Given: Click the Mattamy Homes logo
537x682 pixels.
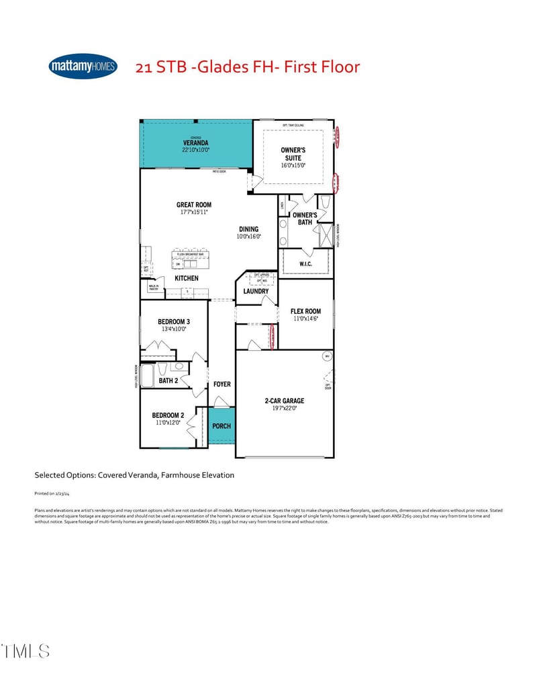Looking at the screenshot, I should tap(83, 66).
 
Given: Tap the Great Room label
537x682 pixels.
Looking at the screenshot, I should tap(194, 205).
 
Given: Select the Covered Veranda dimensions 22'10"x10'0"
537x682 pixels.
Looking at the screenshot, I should tap(196, 151).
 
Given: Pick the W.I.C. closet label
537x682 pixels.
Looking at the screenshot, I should tap(306, 264).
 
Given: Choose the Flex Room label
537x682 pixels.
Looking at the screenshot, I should tap(305, 311).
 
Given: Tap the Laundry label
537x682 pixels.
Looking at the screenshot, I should tap(256, 291).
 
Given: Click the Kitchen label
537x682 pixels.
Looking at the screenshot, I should tap(187, 278).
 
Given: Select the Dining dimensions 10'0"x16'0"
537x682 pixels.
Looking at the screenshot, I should tap(248, 237).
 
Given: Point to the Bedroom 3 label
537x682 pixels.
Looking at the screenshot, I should tap(174, 322).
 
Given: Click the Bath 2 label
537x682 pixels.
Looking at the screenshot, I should tap(168, 381).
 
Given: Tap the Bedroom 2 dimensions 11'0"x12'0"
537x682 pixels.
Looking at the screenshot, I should tap(168, 423).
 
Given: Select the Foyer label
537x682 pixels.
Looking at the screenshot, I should tap(222, 384).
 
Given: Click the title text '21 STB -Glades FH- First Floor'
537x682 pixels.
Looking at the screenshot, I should tap(248, 67).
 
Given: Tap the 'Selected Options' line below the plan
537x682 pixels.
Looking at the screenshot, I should tap(134, 475).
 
